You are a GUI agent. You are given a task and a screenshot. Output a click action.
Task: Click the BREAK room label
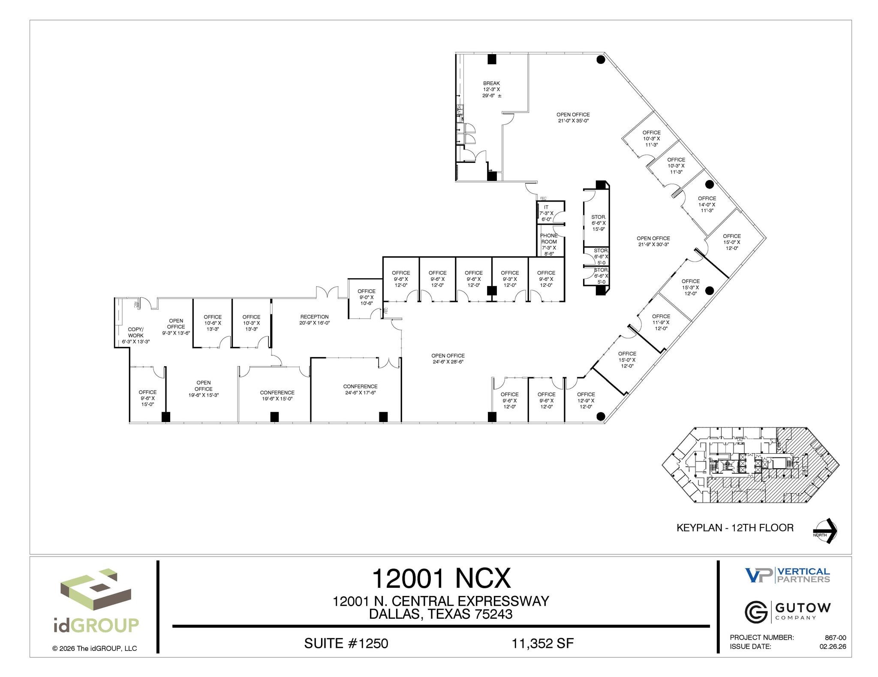[x=491, y=89]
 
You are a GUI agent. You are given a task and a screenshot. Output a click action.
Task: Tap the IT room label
[x=546, y=213]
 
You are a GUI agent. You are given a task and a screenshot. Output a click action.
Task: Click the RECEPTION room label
[x=314, y=320]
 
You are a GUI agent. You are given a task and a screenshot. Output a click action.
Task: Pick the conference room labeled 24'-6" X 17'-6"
[x=360, y=389]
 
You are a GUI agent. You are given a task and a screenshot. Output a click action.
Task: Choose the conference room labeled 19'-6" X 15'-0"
[x=277, y=395]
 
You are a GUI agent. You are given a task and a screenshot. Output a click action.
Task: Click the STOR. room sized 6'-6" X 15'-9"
[x=598, y=223]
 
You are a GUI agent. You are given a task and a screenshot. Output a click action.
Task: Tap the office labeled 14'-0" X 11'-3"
[x=707, y=204]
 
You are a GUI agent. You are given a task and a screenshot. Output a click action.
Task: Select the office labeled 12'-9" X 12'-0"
[x=586, y=400]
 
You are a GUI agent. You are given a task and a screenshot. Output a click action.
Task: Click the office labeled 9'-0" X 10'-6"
[x=366, y=297]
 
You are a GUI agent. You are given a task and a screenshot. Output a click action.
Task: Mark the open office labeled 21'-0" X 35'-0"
[x=573, y=117]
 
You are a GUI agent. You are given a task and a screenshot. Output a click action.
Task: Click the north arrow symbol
[x=825, y=531]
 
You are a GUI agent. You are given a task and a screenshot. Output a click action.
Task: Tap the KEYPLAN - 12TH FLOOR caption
[x=735, y=528]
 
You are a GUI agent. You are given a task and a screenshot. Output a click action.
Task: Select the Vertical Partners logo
[x=787, y=575]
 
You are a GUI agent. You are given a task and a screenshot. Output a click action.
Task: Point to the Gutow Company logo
[x=788, y=612]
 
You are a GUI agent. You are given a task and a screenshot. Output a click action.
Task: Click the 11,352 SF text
[x=542, y=643]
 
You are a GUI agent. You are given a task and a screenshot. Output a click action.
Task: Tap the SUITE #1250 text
[x=346, y=643]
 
